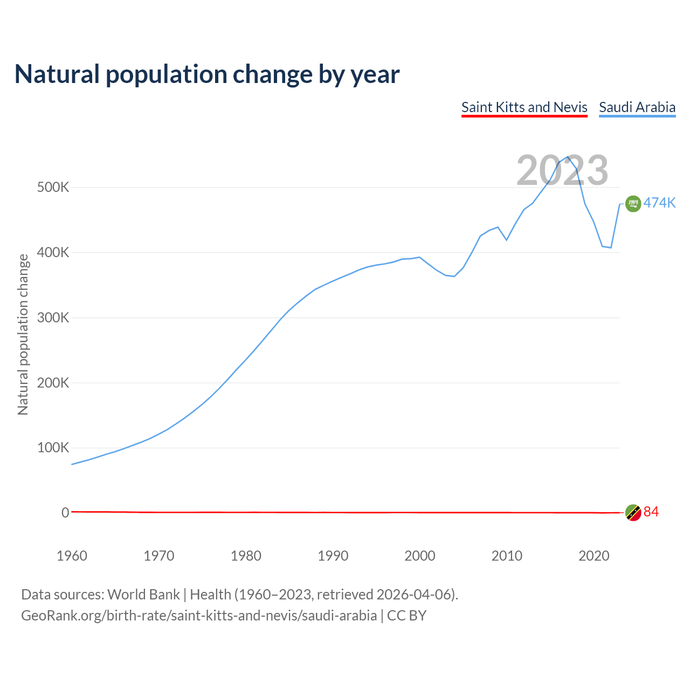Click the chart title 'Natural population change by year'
[207, 74]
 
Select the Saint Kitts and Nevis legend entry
[524, 107]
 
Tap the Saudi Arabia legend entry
[637, 107]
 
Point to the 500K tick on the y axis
[53, 188]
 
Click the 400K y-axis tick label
[53, 252]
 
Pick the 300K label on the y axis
[53, 318]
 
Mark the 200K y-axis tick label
[53, 383]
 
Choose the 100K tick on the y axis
[53, 448]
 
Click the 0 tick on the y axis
[65, 513]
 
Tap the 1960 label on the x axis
[72, 556]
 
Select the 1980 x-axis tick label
[246, 556]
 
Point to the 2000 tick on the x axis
[420, 556]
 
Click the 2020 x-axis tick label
[594, 556]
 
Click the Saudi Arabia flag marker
[633, 204]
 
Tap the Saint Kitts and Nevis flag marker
[633, 513]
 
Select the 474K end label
[659, 203]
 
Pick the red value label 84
[651, 512]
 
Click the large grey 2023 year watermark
[562, 170]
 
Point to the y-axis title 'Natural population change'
[23, 334]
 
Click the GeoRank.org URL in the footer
[199, 616]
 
